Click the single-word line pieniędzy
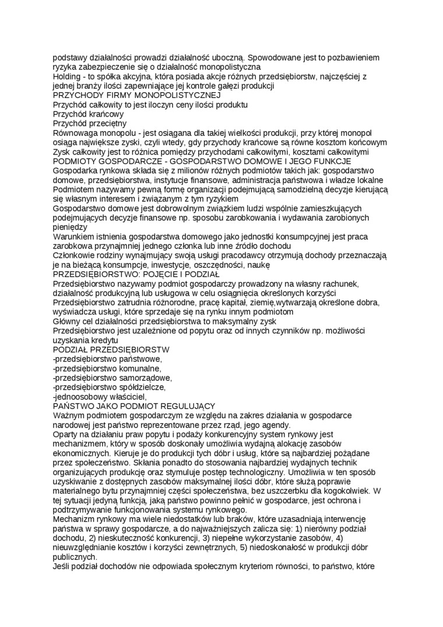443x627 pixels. pyautogui.click(x=70, y=227)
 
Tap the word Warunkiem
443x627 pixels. pyautogui.click(x=74, y=237)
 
